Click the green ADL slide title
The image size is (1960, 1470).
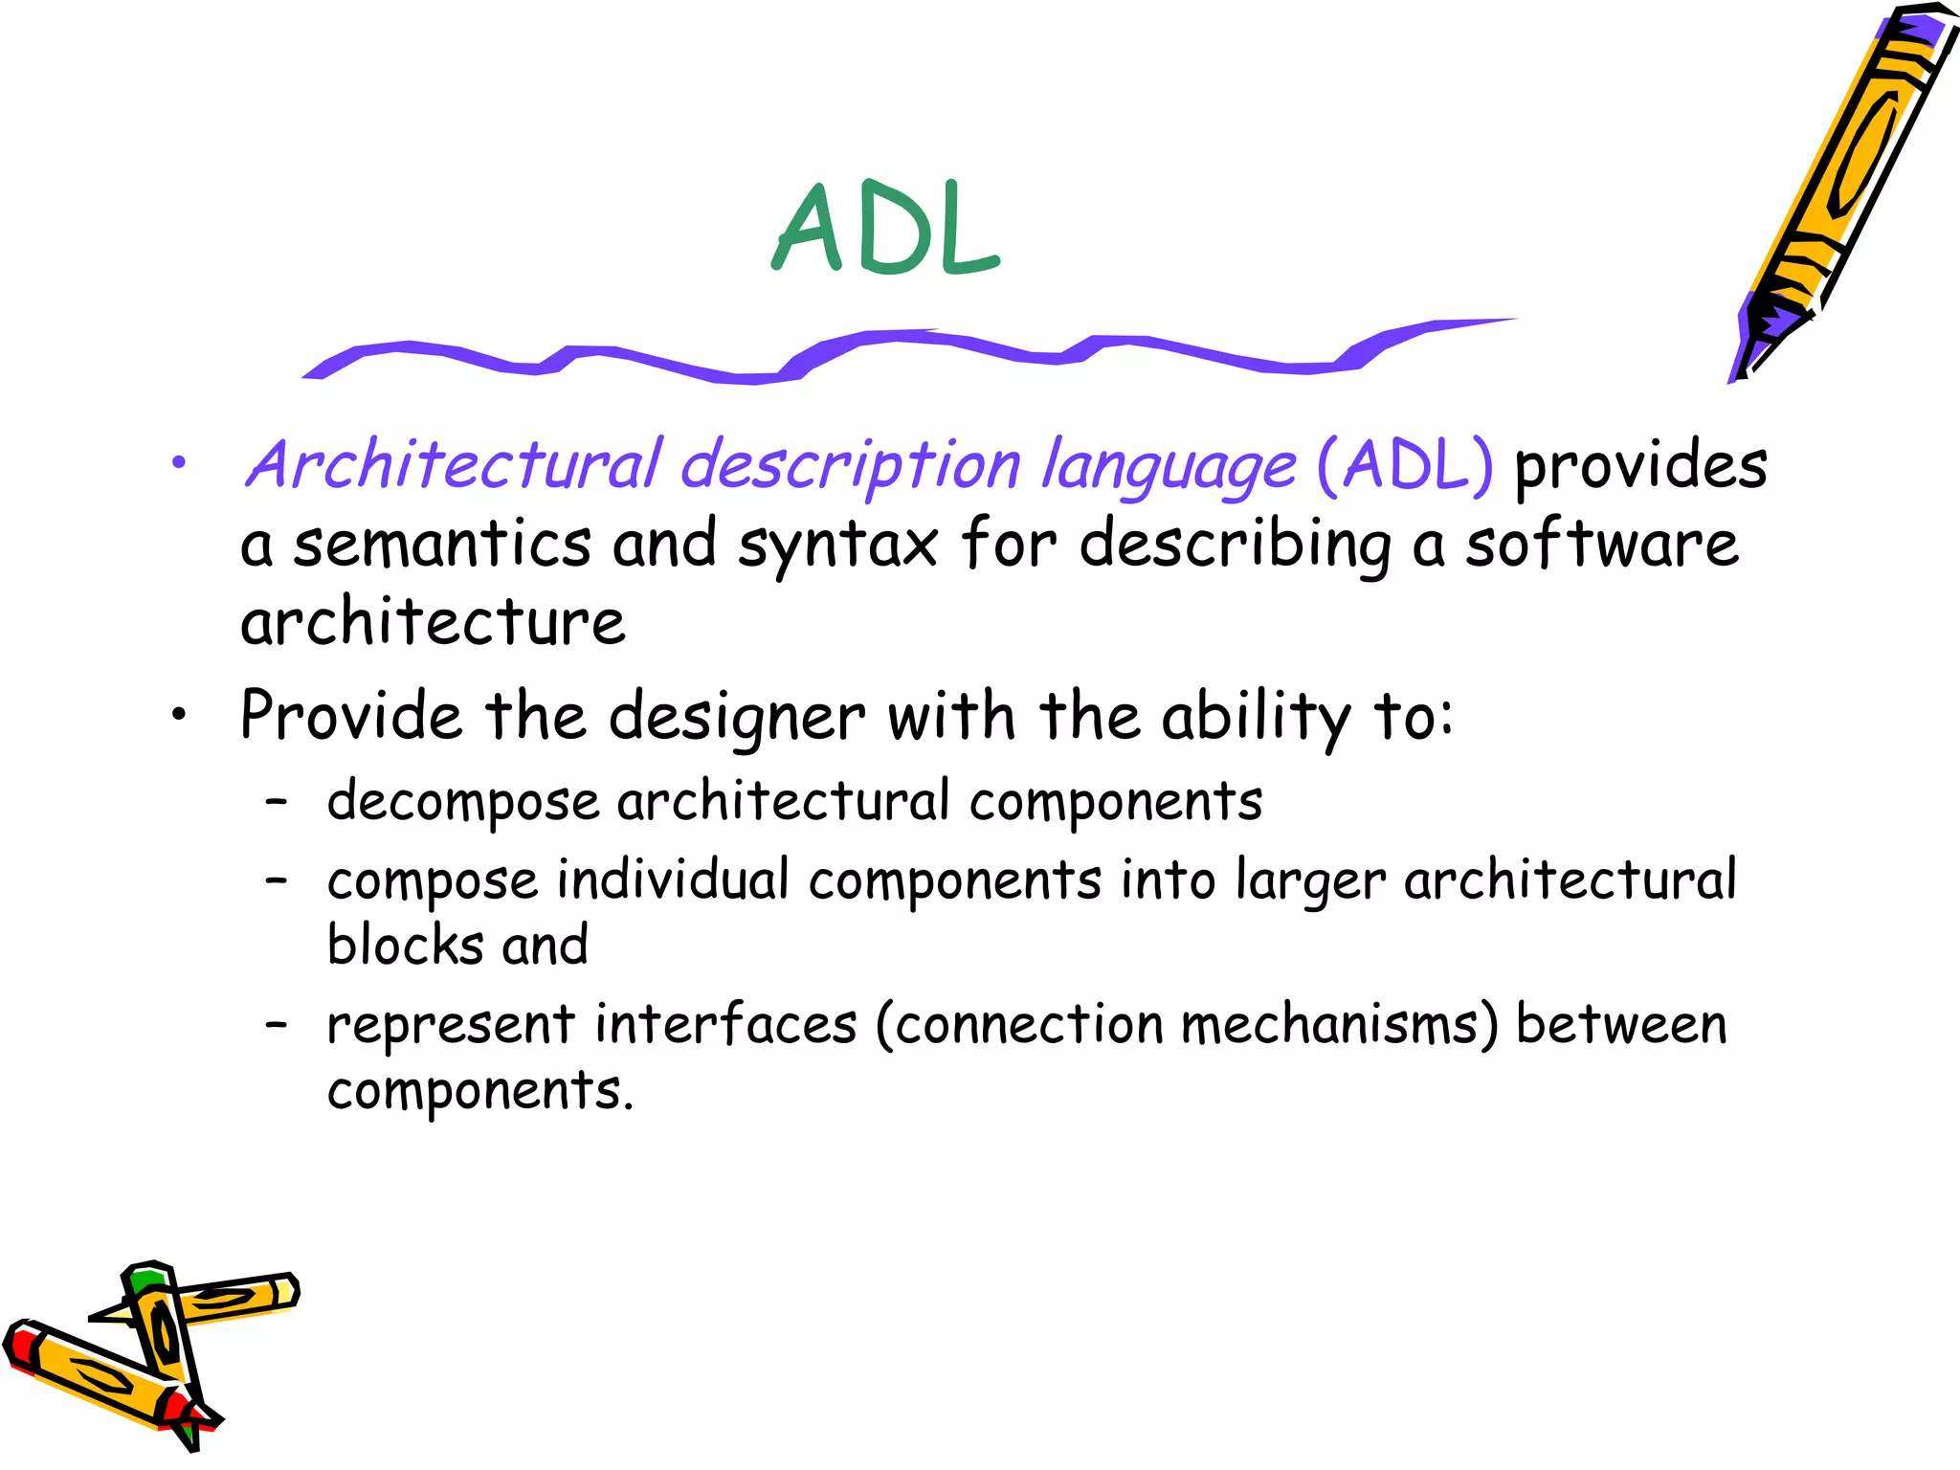[x=886, y=230]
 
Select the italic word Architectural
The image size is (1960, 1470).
[x=454, y=465]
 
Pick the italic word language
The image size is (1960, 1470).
[x=1169, y=467]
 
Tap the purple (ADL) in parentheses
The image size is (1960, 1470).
[x=1405, y=465]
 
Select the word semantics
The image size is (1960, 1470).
[x=442, y=544]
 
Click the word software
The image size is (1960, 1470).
[x=1602, y=544]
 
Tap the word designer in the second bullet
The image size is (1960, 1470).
[x=736, y=718]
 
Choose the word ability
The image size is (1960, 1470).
[x=1256, y=718]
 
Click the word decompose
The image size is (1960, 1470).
[x=463, y=802]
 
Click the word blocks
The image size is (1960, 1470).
[x=406, y=946]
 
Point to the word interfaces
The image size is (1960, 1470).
[x=725, y=1024]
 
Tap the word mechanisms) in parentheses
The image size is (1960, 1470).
[x=1340, y=1024]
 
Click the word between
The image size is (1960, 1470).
[x=1621, y=1024]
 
